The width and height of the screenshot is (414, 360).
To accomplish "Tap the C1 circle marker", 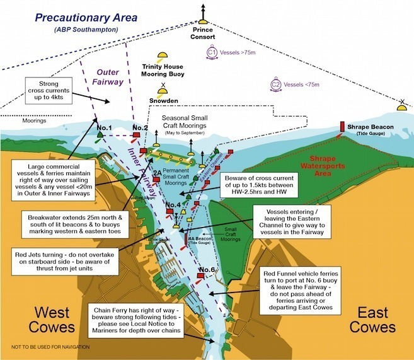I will [212, 54].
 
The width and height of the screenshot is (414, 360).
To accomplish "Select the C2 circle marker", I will [275, 83].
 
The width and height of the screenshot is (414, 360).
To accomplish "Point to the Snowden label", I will [164, 100].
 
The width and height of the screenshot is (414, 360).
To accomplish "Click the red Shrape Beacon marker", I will [342, 126].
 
